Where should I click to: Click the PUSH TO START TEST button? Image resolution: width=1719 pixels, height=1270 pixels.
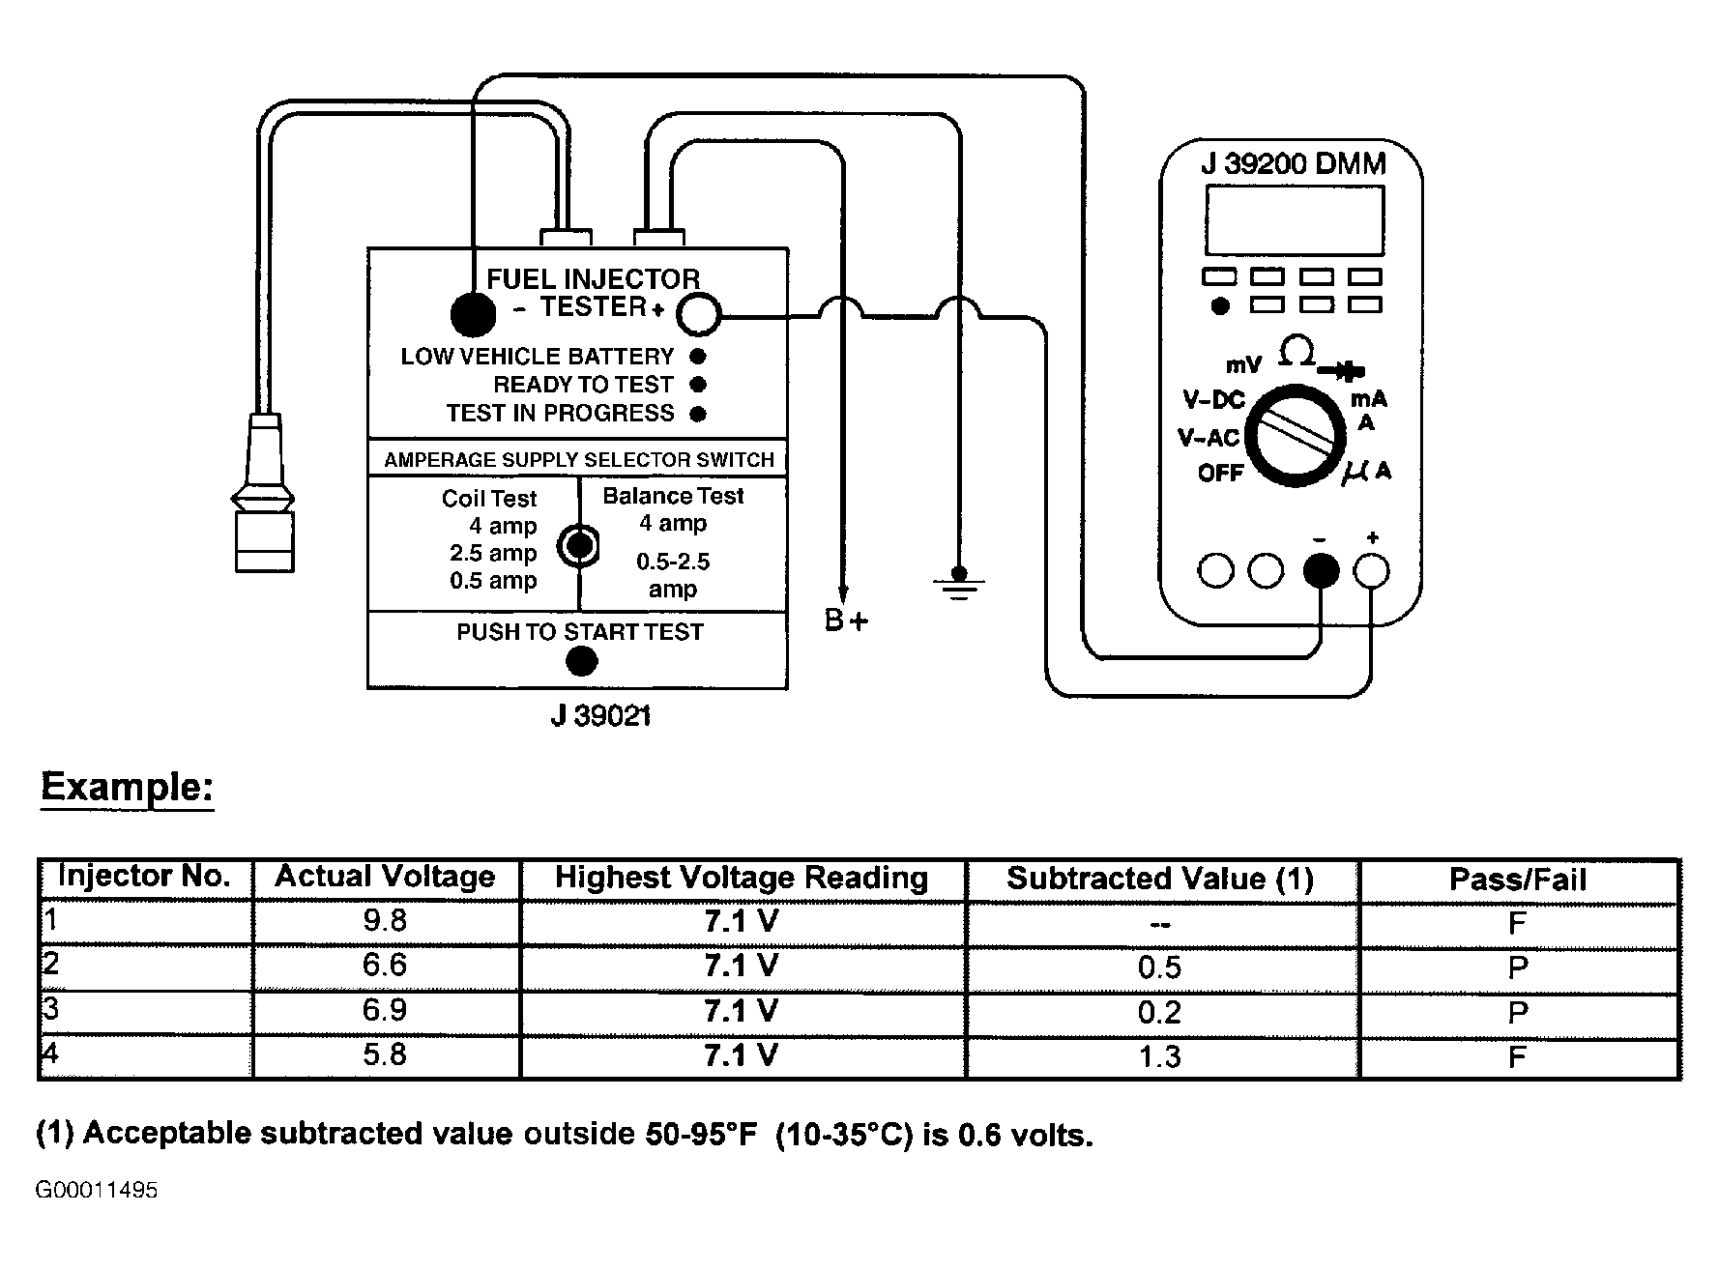[580, 661]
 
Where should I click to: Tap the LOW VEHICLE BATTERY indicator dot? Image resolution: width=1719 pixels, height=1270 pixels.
[698, 357]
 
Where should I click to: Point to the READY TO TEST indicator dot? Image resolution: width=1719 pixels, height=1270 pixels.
[698, 385]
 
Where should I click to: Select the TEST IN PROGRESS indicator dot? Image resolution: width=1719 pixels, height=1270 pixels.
[698, 414]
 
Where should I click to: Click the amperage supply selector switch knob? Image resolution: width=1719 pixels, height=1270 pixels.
[578, 545]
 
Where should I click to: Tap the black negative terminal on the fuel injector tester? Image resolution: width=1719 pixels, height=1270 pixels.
[473, 313]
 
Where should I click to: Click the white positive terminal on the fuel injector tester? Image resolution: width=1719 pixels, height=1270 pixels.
[698, 315]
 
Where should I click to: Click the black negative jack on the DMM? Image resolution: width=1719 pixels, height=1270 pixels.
[1321, 571]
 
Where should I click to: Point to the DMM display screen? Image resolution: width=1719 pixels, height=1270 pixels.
[1294, 219]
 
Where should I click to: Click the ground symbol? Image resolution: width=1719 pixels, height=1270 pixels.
[958, 584]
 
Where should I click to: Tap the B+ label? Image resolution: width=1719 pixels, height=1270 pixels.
[846, 621]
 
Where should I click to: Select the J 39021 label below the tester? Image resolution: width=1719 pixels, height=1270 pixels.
[600, 716]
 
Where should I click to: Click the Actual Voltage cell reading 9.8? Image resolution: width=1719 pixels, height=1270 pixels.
[386, 921]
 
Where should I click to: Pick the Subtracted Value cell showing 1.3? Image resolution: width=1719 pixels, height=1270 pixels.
[1160, 1057]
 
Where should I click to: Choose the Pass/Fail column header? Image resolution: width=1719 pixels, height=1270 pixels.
[1518, 880]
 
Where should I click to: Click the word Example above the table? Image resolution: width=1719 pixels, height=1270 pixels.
[127, 788]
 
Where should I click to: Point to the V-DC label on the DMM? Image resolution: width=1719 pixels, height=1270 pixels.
[1214, 400]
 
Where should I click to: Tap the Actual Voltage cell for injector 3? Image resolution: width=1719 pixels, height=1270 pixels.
[386, 1011]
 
